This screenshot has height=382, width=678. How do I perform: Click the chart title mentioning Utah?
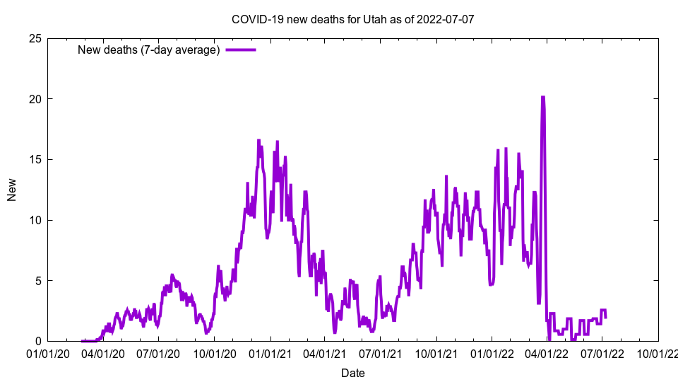352,19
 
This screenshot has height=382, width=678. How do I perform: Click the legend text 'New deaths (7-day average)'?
148,50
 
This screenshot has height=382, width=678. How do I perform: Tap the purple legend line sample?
240,50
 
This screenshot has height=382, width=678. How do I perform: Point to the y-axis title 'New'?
12,190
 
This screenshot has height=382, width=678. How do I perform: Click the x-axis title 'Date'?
353,373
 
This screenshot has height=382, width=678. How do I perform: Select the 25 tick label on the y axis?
35,38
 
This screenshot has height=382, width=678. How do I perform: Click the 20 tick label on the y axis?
35,99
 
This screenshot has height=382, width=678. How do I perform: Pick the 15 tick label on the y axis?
35,159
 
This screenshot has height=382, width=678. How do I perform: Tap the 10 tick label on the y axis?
35,220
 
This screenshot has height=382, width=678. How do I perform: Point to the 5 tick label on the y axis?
37,280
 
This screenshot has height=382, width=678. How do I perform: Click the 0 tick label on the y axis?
37,341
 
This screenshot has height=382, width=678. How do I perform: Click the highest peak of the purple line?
542,98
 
